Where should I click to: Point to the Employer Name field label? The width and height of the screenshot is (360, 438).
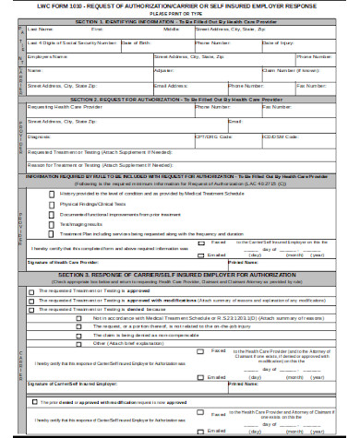click(x=45, y=55)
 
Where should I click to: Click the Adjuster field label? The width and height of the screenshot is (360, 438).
click(x=163, y=69)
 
